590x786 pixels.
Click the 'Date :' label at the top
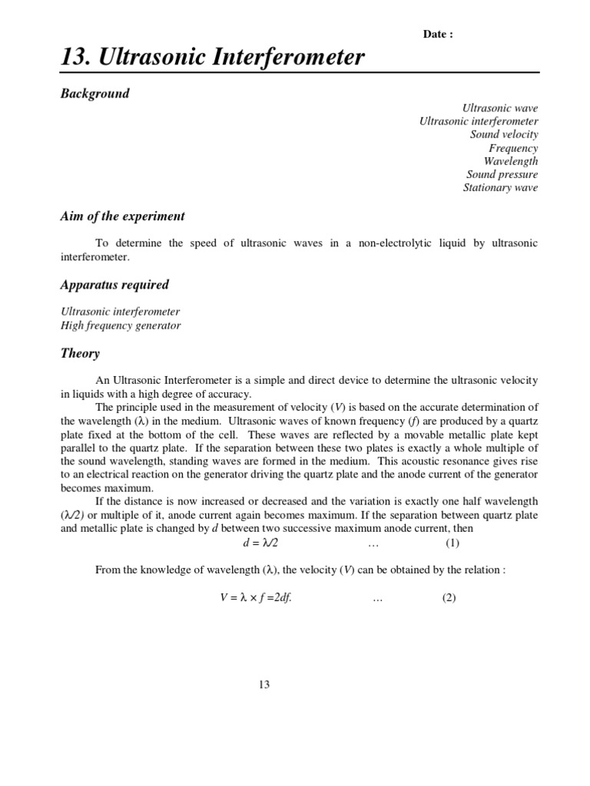click(438, 35)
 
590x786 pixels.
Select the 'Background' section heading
click(94, 94)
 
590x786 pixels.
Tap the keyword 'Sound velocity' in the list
click(504, 134)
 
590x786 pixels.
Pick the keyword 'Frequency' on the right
click(513, 148)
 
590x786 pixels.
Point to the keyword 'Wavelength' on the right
click(510, 161)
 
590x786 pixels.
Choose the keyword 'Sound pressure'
click(502, 174)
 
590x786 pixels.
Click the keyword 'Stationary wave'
click(500, 187)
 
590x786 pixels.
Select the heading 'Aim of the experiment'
click(122, 216)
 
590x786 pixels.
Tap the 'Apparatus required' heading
click(114, 285)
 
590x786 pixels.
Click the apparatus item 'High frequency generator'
click(121, 325)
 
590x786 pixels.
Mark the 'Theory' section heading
click(80, 354)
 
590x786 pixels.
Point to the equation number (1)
click(452, 543)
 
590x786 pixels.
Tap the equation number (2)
click(449, 599)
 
